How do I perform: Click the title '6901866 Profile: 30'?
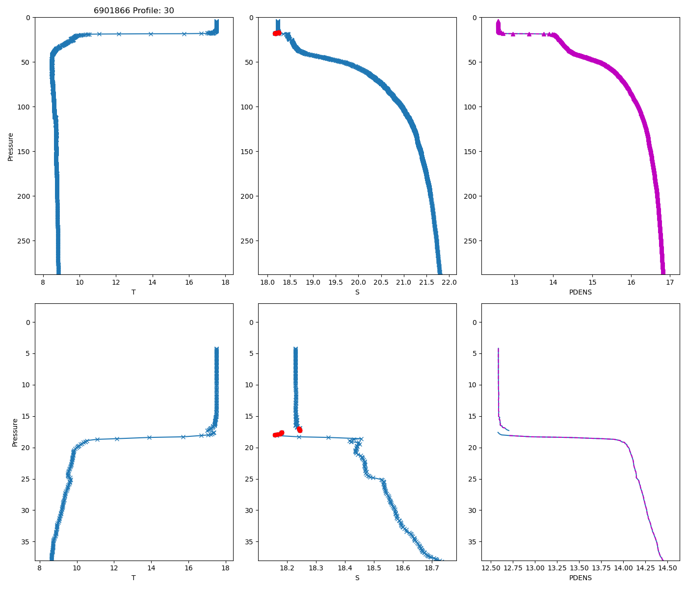133,10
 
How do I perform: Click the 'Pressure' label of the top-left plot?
11,146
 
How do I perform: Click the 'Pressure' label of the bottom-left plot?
15,432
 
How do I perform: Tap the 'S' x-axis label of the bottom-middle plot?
357,578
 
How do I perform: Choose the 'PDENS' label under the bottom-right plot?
580,578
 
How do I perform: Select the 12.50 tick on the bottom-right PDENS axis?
491,568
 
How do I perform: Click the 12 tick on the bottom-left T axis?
114,568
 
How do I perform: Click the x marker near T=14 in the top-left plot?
151,34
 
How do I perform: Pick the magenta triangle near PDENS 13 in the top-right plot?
513,34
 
